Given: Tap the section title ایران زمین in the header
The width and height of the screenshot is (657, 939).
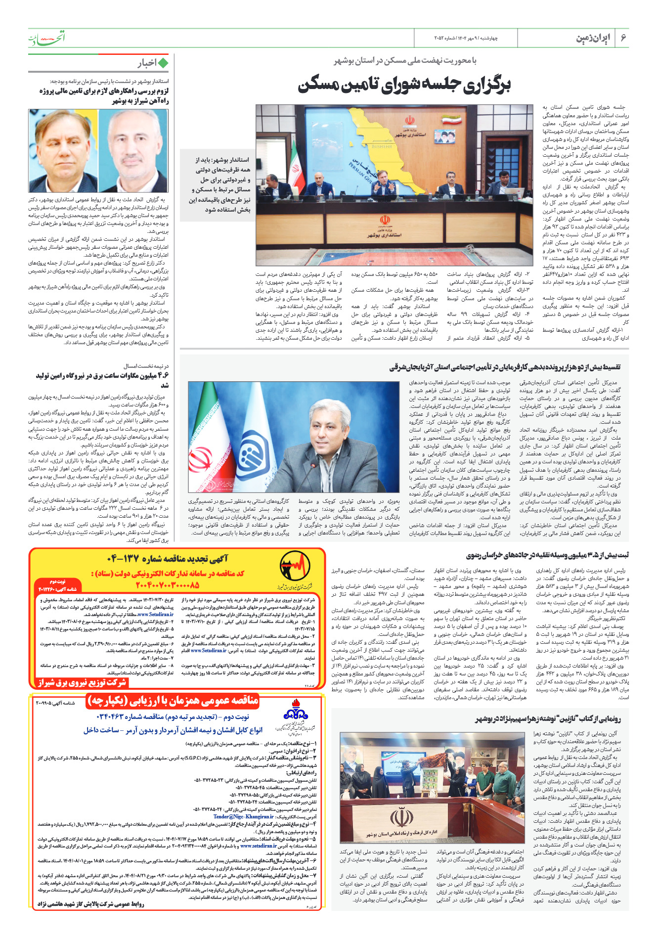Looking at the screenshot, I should [x=593, y=38].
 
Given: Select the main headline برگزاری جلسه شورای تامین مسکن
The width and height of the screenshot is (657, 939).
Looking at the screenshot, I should [x=404, y=85].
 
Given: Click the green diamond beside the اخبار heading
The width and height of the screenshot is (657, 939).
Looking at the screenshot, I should [x=163, y=63].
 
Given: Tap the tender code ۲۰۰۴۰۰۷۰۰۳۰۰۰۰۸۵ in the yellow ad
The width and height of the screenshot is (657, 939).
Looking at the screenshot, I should [x=167, y=584].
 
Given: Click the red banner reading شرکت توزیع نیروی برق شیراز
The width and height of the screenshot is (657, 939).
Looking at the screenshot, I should [x=82, y=683].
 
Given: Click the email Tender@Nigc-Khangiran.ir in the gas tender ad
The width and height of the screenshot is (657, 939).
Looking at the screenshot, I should [x=243, y=816].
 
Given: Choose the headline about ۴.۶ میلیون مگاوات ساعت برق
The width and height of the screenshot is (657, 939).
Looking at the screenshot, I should [x=102, y=380].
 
